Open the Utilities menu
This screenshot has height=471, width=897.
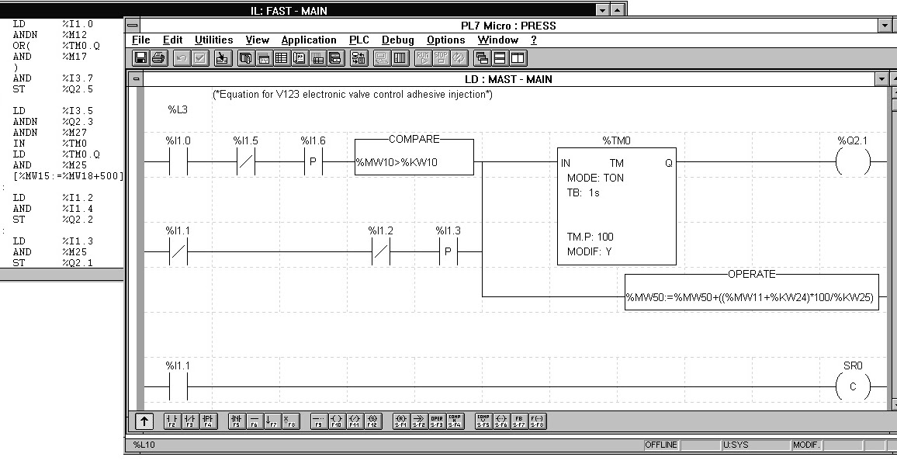213,40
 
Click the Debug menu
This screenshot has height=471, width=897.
397,40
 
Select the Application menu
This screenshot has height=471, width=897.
308,40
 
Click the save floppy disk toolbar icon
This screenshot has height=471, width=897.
141,58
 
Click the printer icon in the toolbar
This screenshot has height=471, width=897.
158,58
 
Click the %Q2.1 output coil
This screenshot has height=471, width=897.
852,164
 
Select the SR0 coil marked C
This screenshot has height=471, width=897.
852,386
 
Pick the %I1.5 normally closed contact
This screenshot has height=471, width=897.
245,164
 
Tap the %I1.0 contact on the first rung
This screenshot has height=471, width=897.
178,164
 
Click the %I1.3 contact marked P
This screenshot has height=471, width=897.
447,252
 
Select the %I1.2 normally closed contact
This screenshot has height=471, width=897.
379,252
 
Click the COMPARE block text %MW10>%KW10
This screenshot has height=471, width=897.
397,164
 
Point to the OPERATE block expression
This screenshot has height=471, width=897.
752,298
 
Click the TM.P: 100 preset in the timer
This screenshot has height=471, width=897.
594,237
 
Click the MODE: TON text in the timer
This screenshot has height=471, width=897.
595,178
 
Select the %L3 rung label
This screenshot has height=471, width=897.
178,110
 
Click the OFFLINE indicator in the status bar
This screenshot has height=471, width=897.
660,445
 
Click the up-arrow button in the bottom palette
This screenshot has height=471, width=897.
144,422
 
